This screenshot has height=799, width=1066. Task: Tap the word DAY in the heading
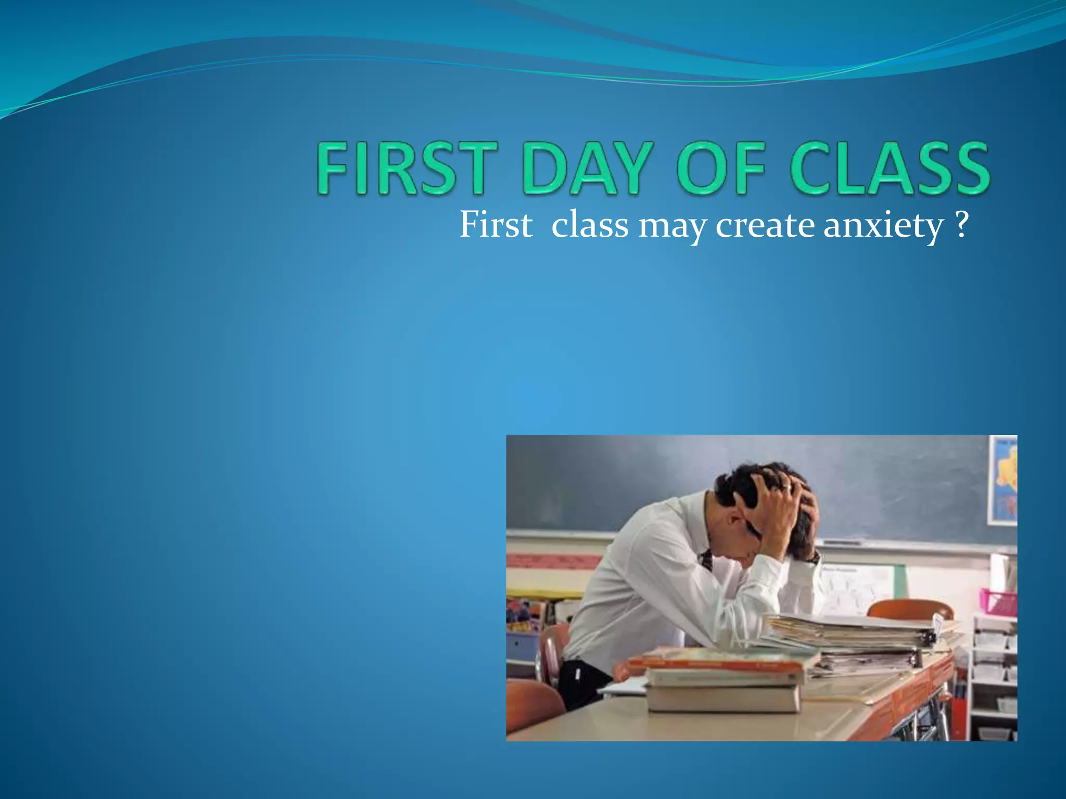[591, 169]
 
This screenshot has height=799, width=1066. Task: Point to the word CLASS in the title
[890, 169]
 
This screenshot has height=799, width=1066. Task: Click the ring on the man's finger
[791, 487]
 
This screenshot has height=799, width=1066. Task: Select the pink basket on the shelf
[997, 602]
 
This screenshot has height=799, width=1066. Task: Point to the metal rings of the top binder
[929, 638]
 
